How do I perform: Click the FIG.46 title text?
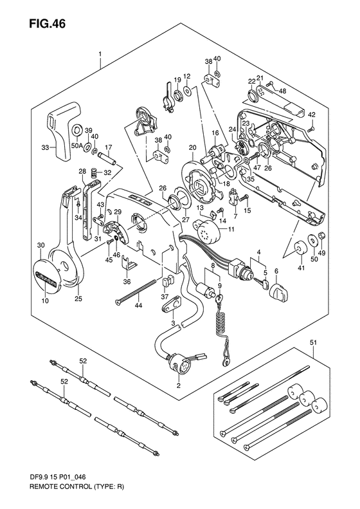(48, 24)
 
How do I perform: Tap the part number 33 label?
(45, 148)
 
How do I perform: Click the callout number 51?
(314, 342)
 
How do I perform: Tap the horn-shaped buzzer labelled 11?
(210, 230)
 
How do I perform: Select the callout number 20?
(193, 148)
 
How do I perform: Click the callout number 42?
(311, 115)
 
